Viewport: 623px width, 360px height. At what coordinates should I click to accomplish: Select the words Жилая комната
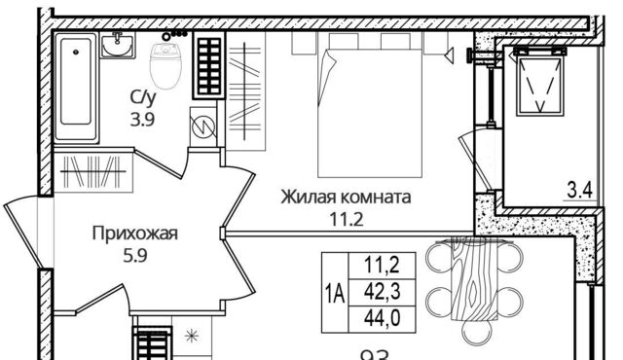[345, 198]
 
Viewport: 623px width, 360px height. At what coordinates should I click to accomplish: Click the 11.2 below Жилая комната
[345, 218]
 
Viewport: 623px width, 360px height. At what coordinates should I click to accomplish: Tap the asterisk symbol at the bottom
[191, 338]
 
